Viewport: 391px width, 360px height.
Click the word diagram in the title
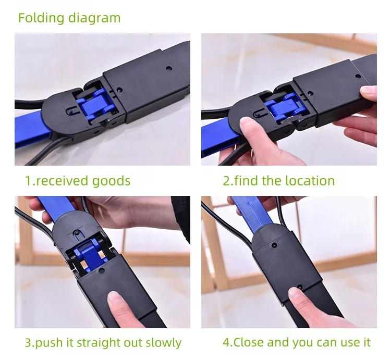(94, 18)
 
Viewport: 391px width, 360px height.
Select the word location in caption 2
(310, 181)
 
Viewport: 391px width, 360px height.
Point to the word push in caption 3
(49, 343)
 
